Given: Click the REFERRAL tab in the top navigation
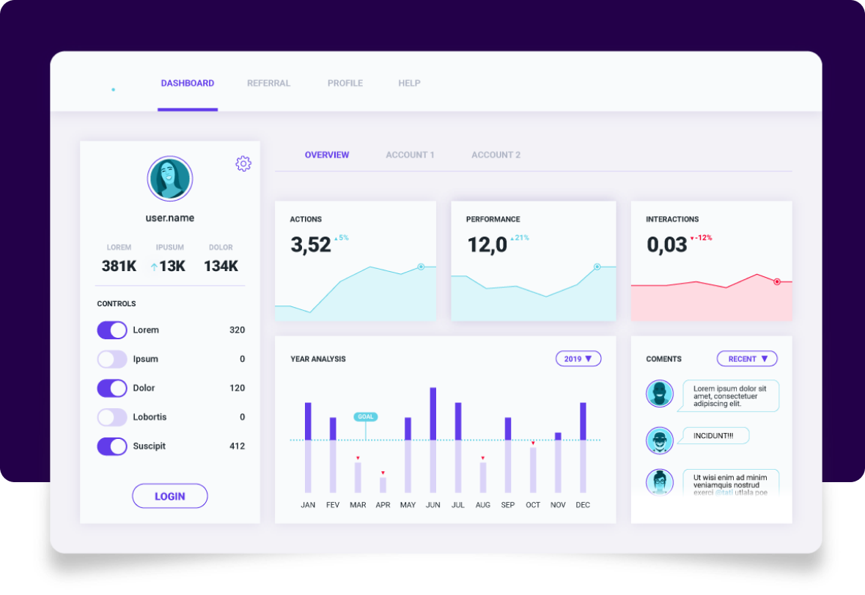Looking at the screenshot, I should click(268, 84).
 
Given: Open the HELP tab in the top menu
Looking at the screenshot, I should click(409, 84).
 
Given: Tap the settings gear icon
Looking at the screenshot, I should click(243, 163).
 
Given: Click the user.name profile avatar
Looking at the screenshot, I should click(169, 179).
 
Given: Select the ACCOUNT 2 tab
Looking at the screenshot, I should click(496, 155).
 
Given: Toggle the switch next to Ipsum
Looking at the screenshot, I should click(112, 359).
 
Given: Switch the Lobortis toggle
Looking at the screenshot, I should click(112, 417).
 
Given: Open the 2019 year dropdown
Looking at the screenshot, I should click(578, 359).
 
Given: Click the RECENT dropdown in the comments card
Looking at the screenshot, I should click(747, 359).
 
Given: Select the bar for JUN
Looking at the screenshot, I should click(433, 440).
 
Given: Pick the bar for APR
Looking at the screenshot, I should click(383, 484).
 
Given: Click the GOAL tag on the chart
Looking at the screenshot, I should click(365, 417).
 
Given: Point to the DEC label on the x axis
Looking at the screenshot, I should click(583, 505).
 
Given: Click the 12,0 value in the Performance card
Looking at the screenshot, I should click(487, 245).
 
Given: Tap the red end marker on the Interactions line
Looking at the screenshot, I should click(777, 281).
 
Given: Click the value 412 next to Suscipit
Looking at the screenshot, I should click(237, 446).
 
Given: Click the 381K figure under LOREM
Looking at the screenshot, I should click(119, 266).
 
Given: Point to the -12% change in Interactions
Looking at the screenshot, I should click(702, 238).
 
